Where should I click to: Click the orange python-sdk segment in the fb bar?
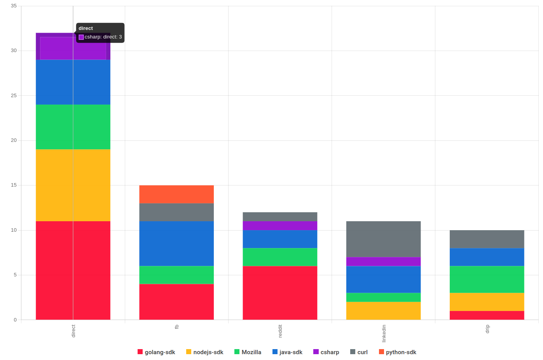pyautogui.click(x=176, y=194)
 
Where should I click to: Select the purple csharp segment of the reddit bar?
pyautogui.click(x=280, y=226)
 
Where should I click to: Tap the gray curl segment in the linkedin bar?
pyautogui.click(x=383, y=239)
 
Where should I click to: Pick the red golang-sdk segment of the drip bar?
pyautogui.click(x=487, y=315)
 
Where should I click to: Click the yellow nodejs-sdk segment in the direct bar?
pyautogui.click(x=73, y=185)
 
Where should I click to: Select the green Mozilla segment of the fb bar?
pyautogui.click(x=176, y=275)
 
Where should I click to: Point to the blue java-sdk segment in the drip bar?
pyautogui.click(x=487, y=257)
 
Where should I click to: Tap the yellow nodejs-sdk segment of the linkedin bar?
pyautogui.click(x=383, y=311)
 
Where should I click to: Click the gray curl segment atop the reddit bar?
pyautogui.click(x=280, y=217)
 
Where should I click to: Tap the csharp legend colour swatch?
pyautogui.click(x=316, y=352)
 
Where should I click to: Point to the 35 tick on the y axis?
pyautogui.click(x=14, y=6)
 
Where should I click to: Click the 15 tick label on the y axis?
pyautogui.click(x=14, y=185)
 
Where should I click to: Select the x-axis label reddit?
pyautogui.click(x=280, y=331)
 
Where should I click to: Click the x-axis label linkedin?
pyautogui.click(x=384, y=333)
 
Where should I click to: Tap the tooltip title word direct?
pyautogui.click(x=86, y=28)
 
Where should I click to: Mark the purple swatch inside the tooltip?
pyautogui.click(x=81, y=37)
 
